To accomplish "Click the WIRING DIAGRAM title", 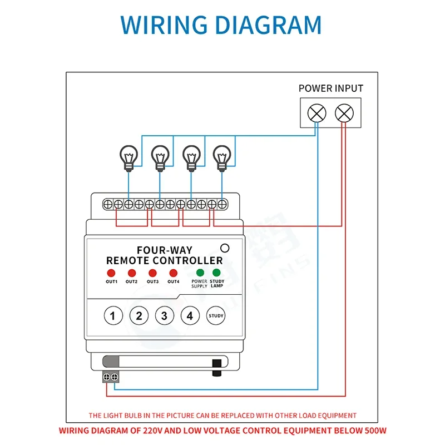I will [x=221, y=25].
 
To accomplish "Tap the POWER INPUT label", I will [x=330, y=88].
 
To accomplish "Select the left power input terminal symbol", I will [x=317, y=113].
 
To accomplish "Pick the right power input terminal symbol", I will [x=344, y=113].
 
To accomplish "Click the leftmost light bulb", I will [x=129, y=156].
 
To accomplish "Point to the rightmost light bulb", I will [x=222, y=156].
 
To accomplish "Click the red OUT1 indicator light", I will [x=111, y=273].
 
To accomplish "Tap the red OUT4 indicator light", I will [x=173, y=273].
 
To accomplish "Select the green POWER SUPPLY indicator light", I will [x=199, y=273].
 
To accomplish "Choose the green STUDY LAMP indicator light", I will [x=216, y=273].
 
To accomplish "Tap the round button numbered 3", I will [x=164, y=316].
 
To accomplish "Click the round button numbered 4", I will [x=190, y=316].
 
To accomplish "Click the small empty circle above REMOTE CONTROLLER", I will [x=225, y=249].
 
